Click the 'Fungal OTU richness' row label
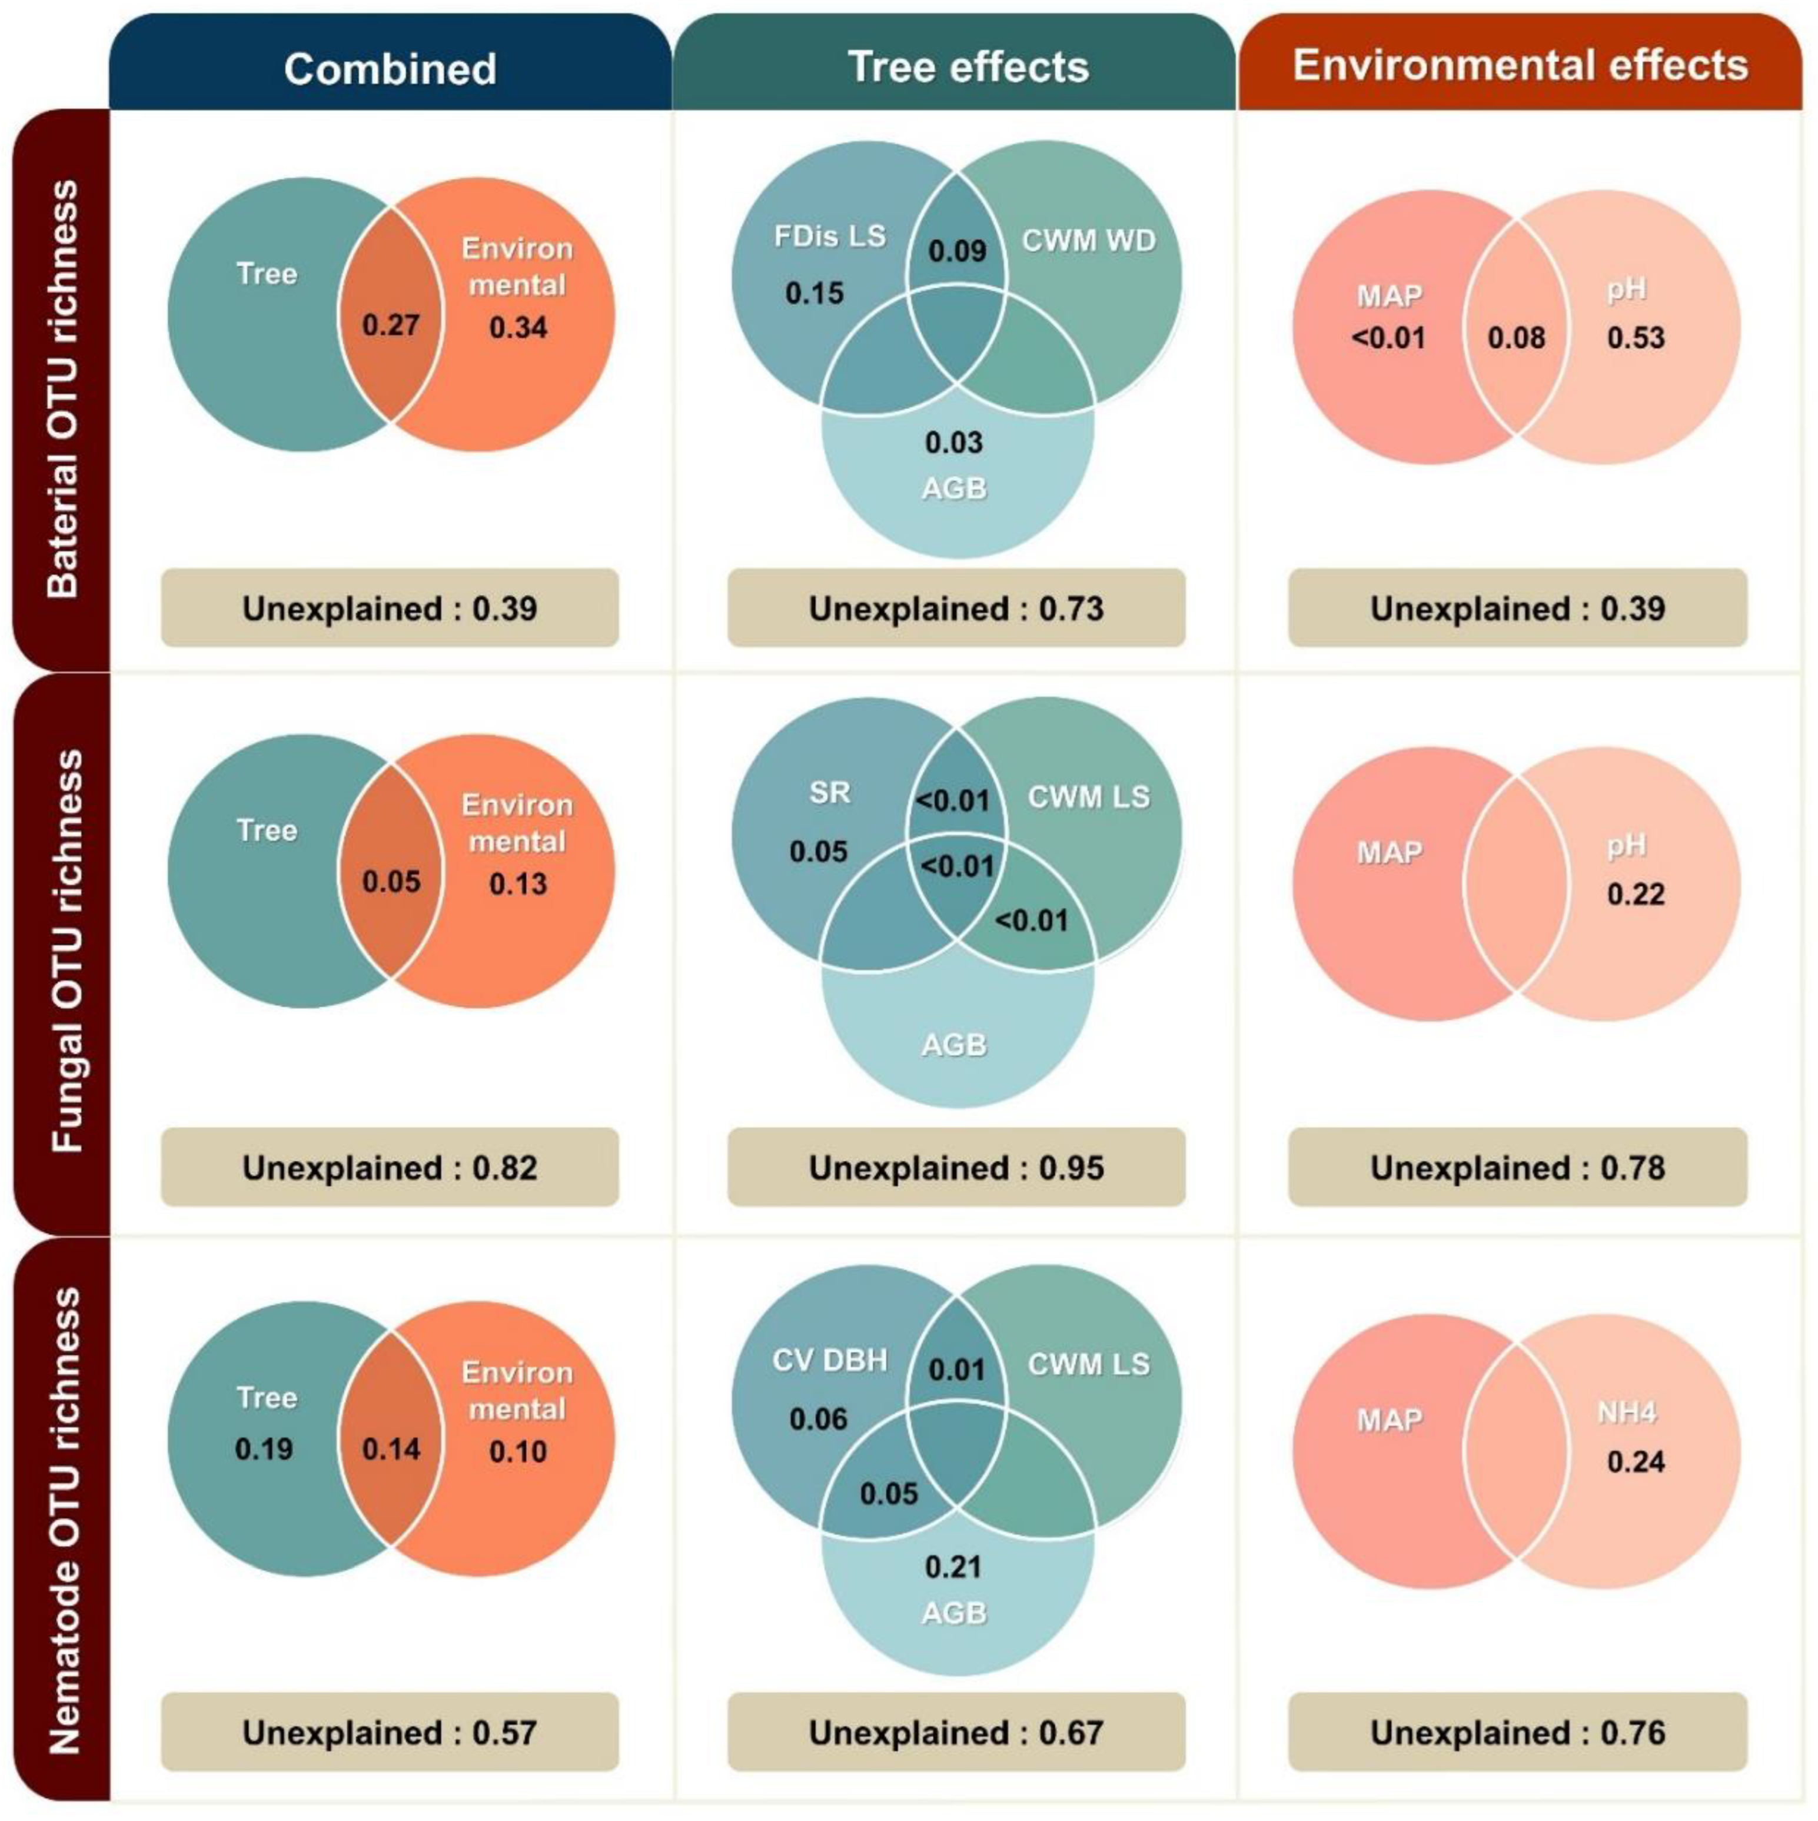pyautogui.click(x=66, y=951)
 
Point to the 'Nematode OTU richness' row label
pyautogui.click(x=66, y=1520)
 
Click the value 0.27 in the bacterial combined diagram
pyautogui.click(x=390, y=325)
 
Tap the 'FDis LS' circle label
pyautogui.click(x=829, y=235)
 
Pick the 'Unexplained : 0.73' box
pyautogui.click(x=956, y=608)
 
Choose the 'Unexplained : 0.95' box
pyautogui.click(x=956, y=1167)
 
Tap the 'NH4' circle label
pyautogui.click(x=1626, y=1412)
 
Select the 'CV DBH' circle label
pyautogui.click(x=829, y=1360)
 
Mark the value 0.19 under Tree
pyautogui.click(x=264, y=1448)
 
